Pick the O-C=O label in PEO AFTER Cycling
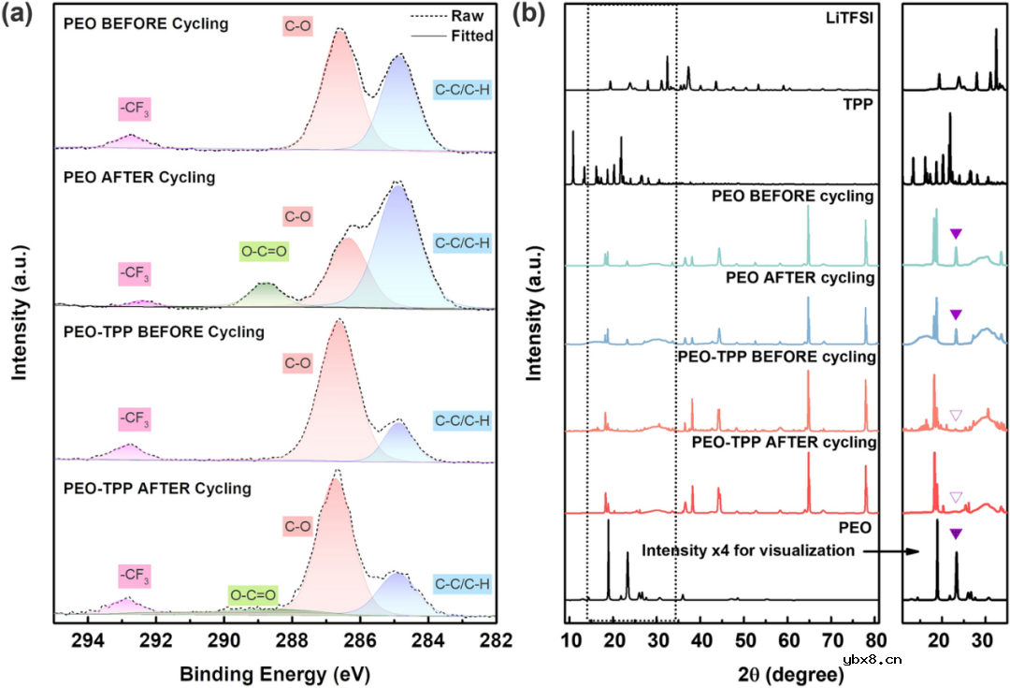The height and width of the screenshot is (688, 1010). click(265, 252)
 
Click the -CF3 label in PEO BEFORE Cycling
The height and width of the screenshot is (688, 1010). click(135, 110)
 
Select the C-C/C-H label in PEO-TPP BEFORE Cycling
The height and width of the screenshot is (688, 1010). click(463, 420)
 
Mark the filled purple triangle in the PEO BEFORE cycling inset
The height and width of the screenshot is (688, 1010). click(955, 234)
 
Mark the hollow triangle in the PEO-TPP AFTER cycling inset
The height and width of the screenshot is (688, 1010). click(955, 496)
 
